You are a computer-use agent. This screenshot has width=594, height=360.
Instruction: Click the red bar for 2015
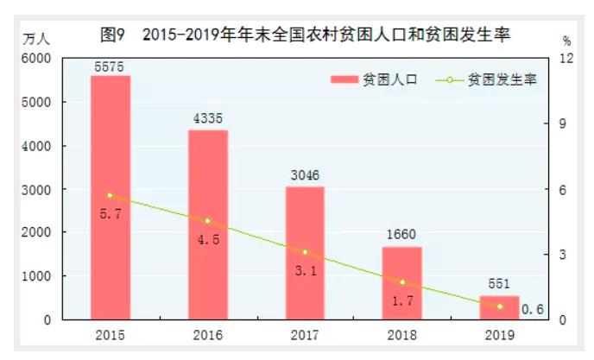tap(110, 198)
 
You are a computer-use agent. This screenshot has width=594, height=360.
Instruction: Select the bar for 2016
tap(207, 224)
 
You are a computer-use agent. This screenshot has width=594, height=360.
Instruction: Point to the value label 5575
tap(110, 65)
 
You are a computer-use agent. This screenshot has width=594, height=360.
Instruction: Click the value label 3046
tap(305, 175)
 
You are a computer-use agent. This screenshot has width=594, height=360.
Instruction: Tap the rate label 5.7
tap(110, 212)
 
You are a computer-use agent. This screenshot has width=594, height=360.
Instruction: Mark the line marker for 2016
tap(207, 221)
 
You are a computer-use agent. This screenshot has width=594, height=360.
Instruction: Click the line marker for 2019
tap(499, 306)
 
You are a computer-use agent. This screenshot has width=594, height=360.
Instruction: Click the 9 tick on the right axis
tap(566, 123)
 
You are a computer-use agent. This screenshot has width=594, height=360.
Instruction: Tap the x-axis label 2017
tap(305, 335)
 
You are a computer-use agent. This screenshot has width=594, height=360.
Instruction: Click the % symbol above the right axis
tap(567, 41)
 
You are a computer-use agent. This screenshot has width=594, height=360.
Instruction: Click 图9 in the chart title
tap(115, 35)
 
